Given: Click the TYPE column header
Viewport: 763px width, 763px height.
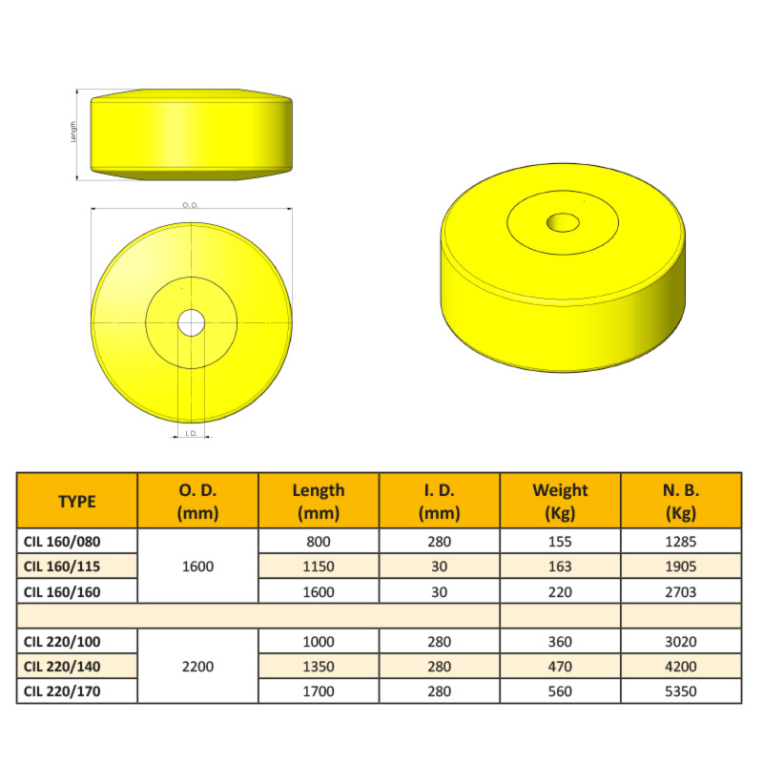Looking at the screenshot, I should tap(77, 501).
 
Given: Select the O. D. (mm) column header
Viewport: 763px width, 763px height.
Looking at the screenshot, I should tap(198, 501).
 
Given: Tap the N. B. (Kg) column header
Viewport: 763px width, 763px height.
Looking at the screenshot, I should tap(681, 501).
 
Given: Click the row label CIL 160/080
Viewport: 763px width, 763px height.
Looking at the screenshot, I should tap(62, 541).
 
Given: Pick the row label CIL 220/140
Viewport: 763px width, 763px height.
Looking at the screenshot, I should tap(62, 666).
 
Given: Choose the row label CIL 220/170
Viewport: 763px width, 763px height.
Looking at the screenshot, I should tap(62, 691).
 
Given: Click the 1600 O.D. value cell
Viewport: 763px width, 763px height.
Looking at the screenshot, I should tap(198, 566).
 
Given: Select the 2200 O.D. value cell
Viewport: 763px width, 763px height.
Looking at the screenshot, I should tap(198, 666).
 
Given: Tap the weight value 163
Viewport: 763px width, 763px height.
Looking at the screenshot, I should tap(561, 566).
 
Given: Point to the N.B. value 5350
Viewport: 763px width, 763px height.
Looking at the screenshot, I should tap(681, 691).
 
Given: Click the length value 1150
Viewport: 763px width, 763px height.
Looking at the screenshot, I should tap(319, 566).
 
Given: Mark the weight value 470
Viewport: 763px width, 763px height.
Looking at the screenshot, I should tap(561, 666).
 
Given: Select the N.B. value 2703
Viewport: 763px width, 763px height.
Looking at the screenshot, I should tap(681, 591).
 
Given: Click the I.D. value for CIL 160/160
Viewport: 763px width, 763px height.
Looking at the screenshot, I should tap(440, 591).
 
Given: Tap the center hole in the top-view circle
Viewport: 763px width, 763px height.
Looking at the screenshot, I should tap(191, 322).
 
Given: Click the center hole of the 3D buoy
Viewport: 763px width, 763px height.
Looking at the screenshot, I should tap(563, 223).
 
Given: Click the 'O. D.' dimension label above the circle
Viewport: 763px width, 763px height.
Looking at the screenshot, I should tap(190, 205).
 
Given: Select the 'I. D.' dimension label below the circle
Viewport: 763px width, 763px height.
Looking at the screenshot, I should tap(191, 433).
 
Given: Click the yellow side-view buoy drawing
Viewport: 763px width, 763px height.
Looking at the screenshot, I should tap(191, 134).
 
